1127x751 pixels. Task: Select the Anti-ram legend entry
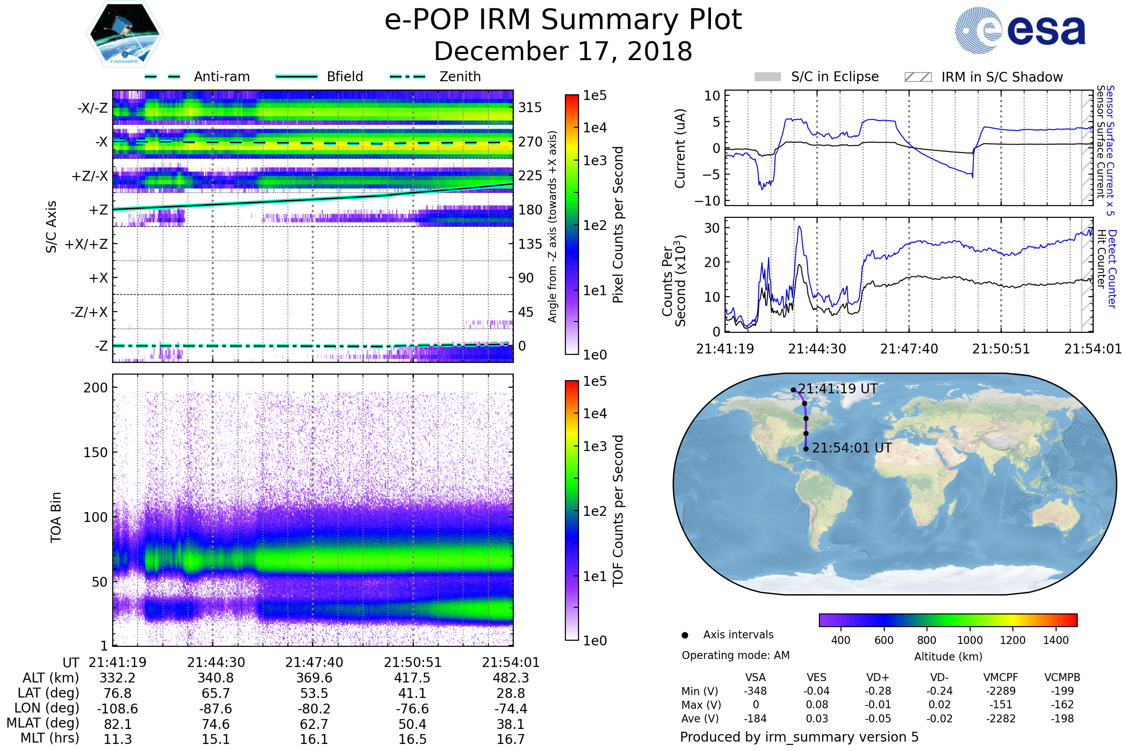coord(197,77)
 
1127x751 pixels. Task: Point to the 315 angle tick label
coord(530,107)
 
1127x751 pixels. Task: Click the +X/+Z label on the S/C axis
coord(86,244)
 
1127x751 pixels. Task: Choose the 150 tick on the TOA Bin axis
coord(95,452)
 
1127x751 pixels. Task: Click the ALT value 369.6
coord(314,678)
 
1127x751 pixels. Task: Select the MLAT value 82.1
coord(117,724)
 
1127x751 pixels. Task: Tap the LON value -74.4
coord(511,708)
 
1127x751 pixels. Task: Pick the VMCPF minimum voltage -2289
coord(1001,691)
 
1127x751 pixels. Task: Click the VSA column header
coord(755,677)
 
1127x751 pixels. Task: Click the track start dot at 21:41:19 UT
coord(793,390)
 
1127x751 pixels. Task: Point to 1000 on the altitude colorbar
coord(969,640)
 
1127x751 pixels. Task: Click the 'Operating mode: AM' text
coord(735,655)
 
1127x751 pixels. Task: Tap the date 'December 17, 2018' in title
coord(563,52)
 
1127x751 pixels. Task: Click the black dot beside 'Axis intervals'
coord(685,635)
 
